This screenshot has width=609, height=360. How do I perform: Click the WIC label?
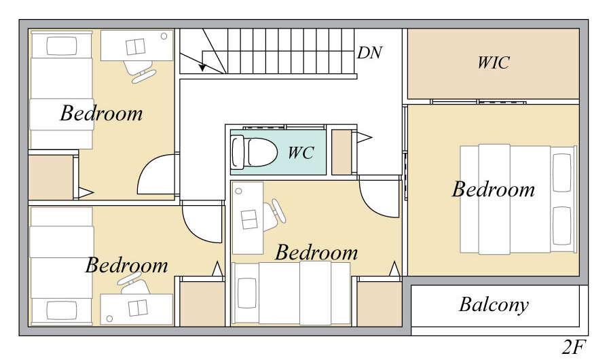click(494, 62)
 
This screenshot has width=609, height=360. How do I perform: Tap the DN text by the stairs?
click(369, 52)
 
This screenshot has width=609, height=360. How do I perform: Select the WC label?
click(301, 152)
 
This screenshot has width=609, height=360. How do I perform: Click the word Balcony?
click(494, 305)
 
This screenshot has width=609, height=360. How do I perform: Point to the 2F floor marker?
click(573, 347)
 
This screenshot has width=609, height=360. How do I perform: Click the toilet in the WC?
click(254, 152)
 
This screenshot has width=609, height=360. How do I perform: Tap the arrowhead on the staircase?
click(202, 67)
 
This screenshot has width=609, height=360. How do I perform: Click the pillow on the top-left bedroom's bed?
click(62, 46)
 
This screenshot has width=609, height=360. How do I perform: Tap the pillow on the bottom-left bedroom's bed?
click(62, 310)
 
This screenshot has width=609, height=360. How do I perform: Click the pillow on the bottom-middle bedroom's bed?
click(247, 293)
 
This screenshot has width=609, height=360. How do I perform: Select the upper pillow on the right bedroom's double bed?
click(561, 173)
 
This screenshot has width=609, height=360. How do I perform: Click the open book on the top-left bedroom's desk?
click(136, 47)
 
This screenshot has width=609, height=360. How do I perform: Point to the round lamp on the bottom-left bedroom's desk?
click(109, 319)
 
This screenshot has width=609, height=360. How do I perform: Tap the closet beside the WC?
click(342, 152)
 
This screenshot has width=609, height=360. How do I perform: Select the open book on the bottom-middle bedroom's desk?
click(249, 219)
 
